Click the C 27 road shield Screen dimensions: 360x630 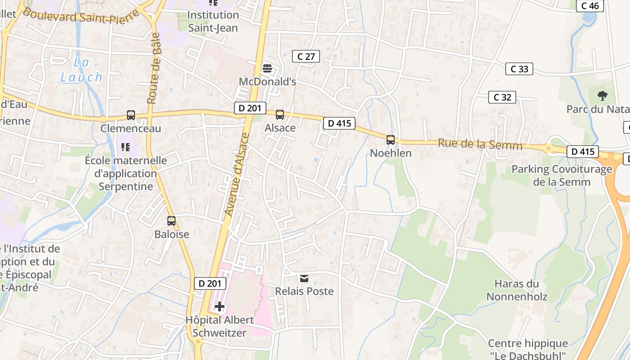coord(306,56)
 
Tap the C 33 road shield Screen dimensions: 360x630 coord(519,69)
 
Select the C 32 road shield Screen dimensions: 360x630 coord(502,97)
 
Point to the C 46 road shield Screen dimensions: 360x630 coord(590,6)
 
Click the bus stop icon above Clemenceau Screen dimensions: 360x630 coord(130,115)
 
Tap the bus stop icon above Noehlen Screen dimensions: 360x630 coord(390,139)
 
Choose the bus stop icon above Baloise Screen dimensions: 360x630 coord(171,221)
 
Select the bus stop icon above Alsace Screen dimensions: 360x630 coord(280,115)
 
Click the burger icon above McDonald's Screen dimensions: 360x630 coord(267,68)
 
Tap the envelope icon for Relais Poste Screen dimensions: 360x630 coord(304,279)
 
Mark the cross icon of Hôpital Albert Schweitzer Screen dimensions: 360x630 coord(220,307)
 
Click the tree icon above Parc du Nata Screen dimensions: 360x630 coord(602,95)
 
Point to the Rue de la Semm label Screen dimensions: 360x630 coord(480,145)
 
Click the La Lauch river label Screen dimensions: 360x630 coord(81,70)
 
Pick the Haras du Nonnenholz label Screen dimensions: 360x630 coord(517,290)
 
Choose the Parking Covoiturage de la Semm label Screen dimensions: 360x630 coord(562,175)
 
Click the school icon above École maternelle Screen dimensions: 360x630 coord(126,147)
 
